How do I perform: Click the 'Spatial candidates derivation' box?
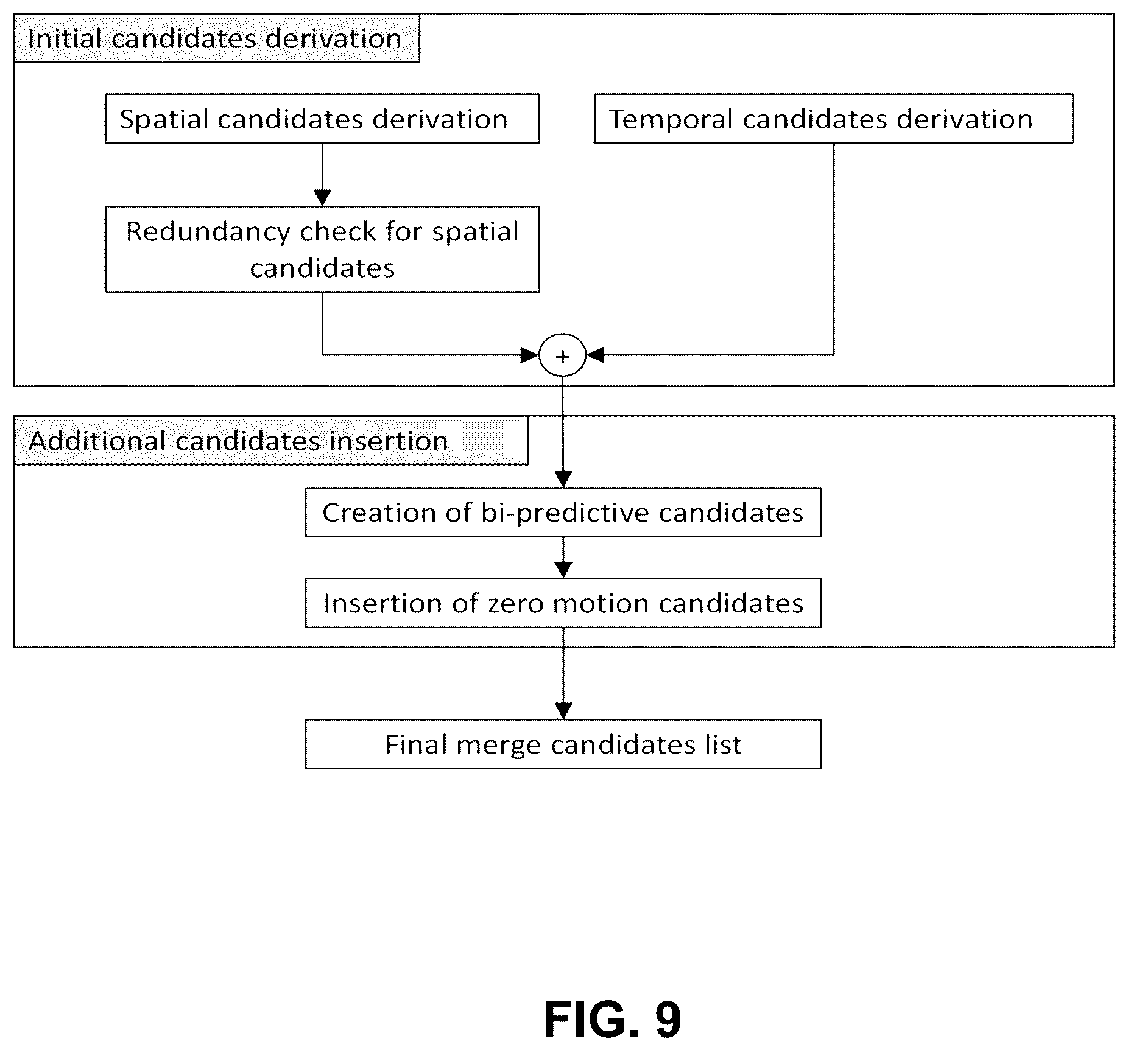coord(322,119)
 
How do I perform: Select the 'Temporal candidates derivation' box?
coord(833,119)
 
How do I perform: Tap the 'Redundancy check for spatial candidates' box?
coord(322,249)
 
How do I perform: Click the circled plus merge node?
coord(562,355)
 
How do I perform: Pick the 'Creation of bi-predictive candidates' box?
coord(563,512)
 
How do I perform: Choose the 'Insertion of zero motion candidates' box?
coord(563,603)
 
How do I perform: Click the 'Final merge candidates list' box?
coord(563,744)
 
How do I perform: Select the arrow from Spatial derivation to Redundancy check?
coord(322,175)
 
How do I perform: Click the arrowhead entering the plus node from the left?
coord(531,355)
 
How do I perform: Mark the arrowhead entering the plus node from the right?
coord(594,355)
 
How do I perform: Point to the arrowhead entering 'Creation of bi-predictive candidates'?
coord(563,479)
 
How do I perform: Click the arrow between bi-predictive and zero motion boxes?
coord(563,558)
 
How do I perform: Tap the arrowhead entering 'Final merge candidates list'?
coord(563,711)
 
